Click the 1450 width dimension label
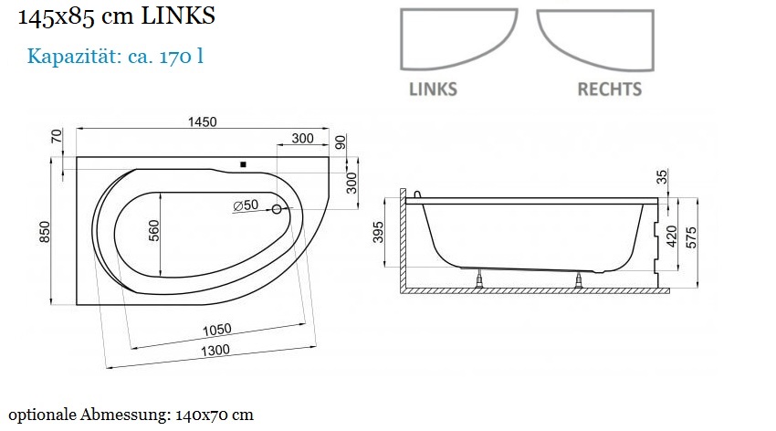202,121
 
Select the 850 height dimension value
45,232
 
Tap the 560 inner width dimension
154,231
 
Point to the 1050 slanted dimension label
216,330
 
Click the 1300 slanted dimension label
215,351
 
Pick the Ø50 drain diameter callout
246,205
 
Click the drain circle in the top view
277,209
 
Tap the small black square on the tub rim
243,164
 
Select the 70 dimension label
57,135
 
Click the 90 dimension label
341,142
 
